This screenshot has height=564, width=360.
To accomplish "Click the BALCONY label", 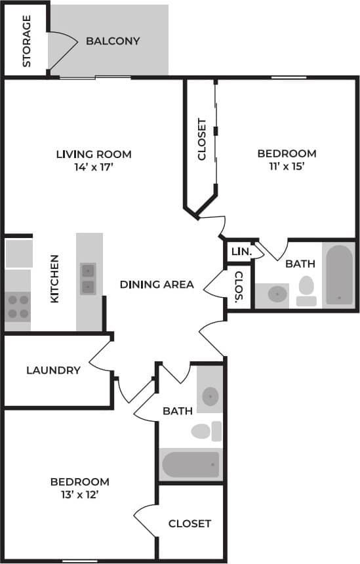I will (x=113, y=41).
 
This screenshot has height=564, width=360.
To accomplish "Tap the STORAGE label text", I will (x=27, y=41).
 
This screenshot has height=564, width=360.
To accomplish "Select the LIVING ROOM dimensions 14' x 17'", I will (x=93, y=167).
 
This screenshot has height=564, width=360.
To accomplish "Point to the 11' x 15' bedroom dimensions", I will (x=287, y=167).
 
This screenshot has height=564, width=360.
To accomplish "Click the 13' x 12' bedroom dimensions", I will (x=79, y=494).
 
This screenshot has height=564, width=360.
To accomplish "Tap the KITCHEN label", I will (x=55, y=279).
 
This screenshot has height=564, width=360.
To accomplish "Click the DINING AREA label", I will (x=157, y=284).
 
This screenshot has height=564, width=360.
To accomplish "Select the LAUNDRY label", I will (x=53, y=370).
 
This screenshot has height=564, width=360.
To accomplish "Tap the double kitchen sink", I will (x=88, y=279).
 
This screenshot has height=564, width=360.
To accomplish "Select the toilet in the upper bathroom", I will (x=306, y=291).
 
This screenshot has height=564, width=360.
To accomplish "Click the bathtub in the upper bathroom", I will (x=339, y=274).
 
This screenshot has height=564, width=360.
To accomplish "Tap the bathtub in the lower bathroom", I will (x=190, y=464).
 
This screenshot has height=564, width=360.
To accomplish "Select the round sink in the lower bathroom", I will (x=210, y=396).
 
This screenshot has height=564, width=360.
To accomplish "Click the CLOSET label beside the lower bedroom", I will (x=190, y=523).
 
